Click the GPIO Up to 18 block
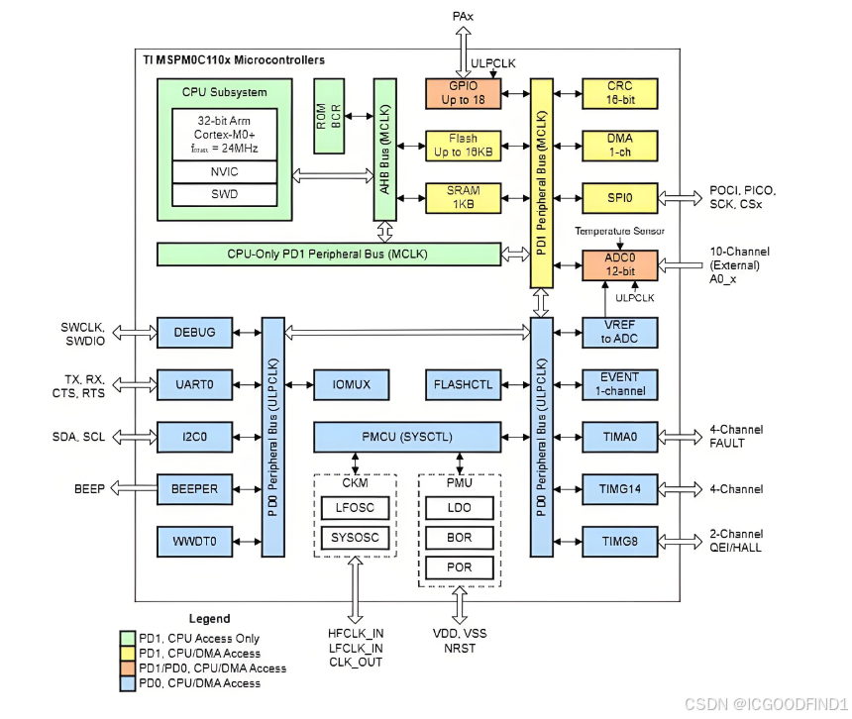pyautogui.click(x=464, y=93)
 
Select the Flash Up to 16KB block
pyautogui.click(x=464, y=146)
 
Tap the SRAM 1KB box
pyautogui.click(x=464, y=197)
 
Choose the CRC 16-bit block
pyautogui.click(x=620, y=93)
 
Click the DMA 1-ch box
pyautogui.click(x=620, y=146)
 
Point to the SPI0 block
pyautogui.click(x=620, y=198)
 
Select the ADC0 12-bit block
pyautogui.click(x=620, y=264)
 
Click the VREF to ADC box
pyautogui.click(x=620, y=333)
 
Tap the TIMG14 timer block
pyautogui.click(x=620, y=488)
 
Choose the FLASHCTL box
pyautogui.click(x=464, y=383)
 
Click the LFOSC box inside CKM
pyautogui.click(x=355, y=508)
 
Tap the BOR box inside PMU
pyautogui.click(x=460, y=538)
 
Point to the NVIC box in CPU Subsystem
pyautogui.click(x=225, y=171)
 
